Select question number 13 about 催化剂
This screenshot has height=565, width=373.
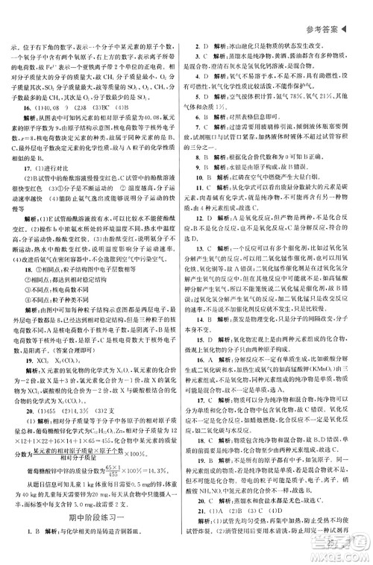[198, 266]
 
